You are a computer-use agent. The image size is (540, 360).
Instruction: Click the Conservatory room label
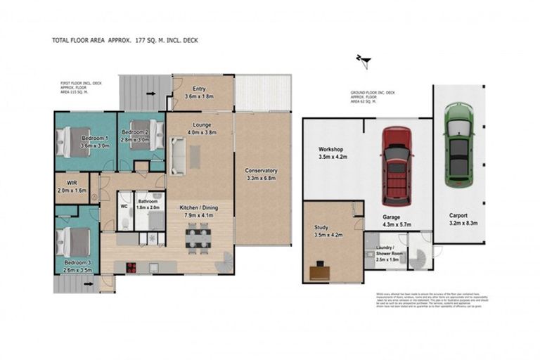click(261, 171)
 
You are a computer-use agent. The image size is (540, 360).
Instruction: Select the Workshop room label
click(330, 150)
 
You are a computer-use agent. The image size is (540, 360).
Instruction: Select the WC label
click(124, 207)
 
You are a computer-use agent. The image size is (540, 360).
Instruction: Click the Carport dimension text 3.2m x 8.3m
click(458, 224)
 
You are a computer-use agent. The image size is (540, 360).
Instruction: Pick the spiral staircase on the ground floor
click(421, 252)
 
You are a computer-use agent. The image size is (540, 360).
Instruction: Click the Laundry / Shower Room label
click(385, 252)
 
